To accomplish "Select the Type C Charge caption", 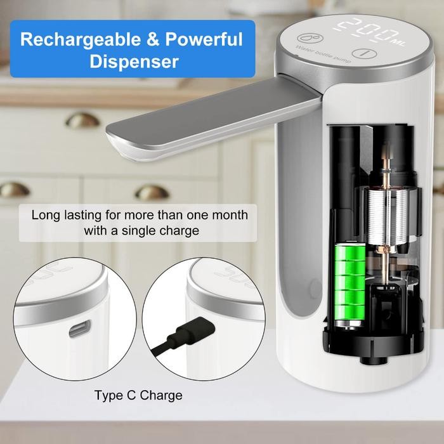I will point(138,396).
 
